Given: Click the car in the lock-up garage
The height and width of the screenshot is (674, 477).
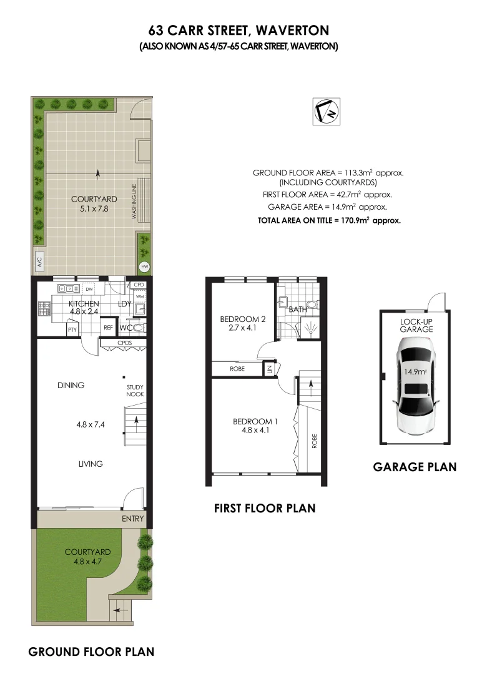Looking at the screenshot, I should coord(414,385).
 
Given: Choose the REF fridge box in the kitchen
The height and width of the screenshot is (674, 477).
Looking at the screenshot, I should coord(108,327).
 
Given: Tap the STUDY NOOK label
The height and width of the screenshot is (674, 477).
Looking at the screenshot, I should coord(135,391).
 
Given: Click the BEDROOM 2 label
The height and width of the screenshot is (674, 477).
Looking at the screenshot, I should coord(243,319).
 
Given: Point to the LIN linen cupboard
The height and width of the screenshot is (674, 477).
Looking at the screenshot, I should coord(270,369).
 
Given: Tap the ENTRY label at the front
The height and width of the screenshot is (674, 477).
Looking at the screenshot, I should coord(133,519).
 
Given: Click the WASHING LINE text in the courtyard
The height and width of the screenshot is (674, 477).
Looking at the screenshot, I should coord(134,201).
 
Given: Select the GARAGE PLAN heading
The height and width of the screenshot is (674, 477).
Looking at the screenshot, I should coord(415,467).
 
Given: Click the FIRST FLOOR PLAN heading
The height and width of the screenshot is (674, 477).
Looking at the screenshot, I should coord(265,509).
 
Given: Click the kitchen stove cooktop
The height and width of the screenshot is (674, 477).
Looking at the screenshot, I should coord(44,308).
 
